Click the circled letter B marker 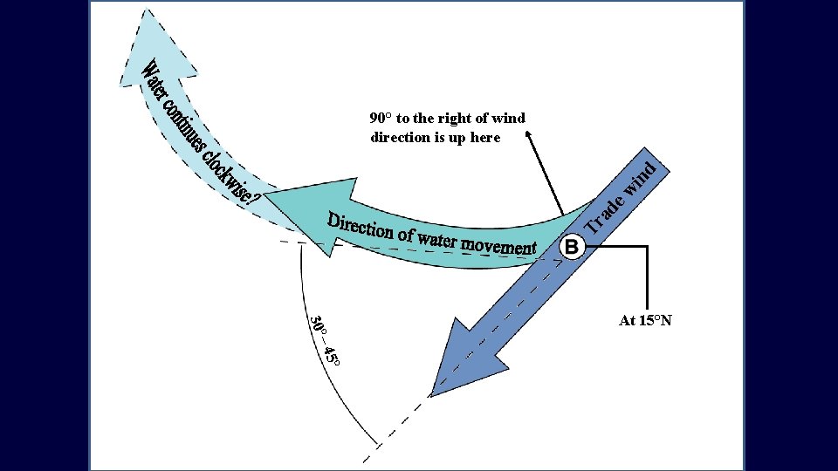click(572, 247)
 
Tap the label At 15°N click(645, 321)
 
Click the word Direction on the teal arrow click(360, 225)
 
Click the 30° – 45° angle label click(325, 339)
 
